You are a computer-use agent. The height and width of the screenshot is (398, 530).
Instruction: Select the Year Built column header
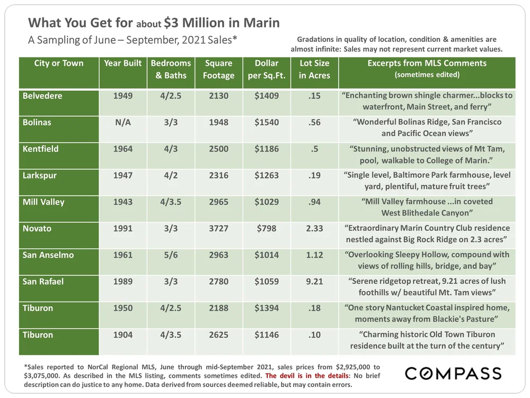tap(123, 63)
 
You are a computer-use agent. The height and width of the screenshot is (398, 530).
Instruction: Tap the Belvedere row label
tap(42, 96)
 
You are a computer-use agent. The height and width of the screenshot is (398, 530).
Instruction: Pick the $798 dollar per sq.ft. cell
tap(267, 229)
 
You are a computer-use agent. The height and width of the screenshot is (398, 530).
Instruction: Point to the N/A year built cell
tap(123, 123)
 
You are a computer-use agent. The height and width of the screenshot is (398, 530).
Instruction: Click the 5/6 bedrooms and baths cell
tap(171, 255)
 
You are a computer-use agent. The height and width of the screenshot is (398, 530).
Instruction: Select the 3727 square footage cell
tap(218, 229)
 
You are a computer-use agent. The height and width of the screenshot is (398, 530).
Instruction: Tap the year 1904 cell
tap(123, 335)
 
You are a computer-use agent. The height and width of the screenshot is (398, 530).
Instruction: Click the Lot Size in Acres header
tap(314, 70)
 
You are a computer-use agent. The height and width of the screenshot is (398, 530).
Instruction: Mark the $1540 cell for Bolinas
tap(267, 123)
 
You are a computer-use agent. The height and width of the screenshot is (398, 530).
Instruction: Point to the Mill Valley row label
tap(43, 202)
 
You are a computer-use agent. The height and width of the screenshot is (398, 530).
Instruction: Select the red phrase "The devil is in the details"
tap(311, 376)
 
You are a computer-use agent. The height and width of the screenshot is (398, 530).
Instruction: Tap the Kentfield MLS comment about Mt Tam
tap(427, 154)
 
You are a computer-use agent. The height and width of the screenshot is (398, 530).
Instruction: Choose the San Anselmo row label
tap(48, 255)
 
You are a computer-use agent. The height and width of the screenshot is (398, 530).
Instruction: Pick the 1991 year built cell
tap(123, 229)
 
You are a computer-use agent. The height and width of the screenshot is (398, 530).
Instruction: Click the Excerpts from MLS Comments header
tap(427, 68)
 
